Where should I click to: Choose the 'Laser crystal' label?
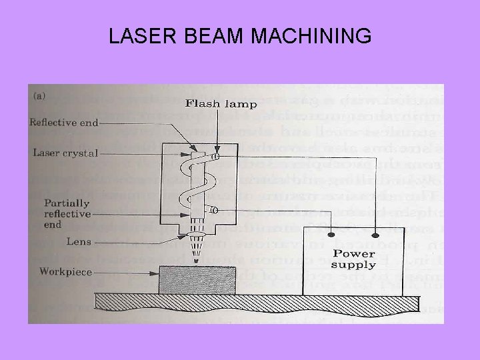click(x=65, y=153)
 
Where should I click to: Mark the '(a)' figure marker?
click(x=40, y=95)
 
